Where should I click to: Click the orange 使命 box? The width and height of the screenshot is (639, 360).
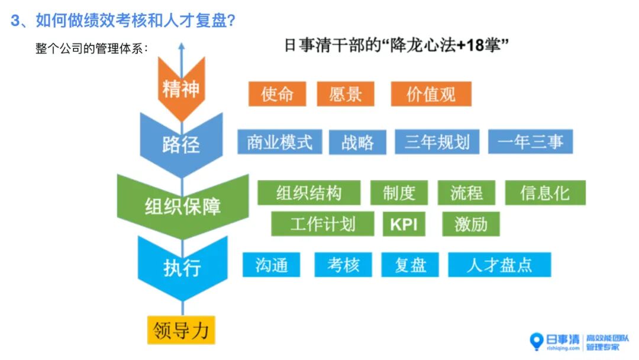point(277,94)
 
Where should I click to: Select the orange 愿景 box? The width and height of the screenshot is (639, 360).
point(346,94)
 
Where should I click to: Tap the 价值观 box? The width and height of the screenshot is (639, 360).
point(431,94)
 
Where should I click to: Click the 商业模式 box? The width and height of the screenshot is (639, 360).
point(280,142)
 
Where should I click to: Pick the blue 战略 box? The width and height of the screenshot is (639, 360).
point(357,142)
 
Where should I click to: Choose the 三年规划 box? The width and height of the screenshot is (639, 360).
point(437,142)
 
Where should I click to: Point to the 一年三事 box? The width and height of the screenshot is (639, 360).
point(531,142)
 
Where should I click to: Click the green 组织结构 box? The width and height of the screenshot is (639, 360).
point(309,193)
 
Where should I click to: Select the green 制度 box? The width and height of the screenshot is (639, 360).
point(399,193)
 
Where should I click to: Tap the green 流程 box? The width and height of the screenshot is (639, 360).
point(467,193)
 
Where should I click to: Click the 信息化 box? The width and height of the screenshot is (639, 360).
point(545,193)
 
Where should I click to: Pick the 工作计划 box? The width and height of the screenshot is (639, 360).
point(322,224)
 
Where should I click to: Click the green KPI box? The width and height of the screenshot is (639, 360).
point(404,224)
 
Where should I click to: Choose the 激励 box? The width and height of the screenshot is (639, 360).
point(471,224)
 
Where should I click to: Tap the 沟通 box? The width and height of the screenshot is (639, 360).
point(272,265)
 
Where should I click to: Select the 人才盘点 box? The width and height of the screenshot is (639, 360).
point(499,265)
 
